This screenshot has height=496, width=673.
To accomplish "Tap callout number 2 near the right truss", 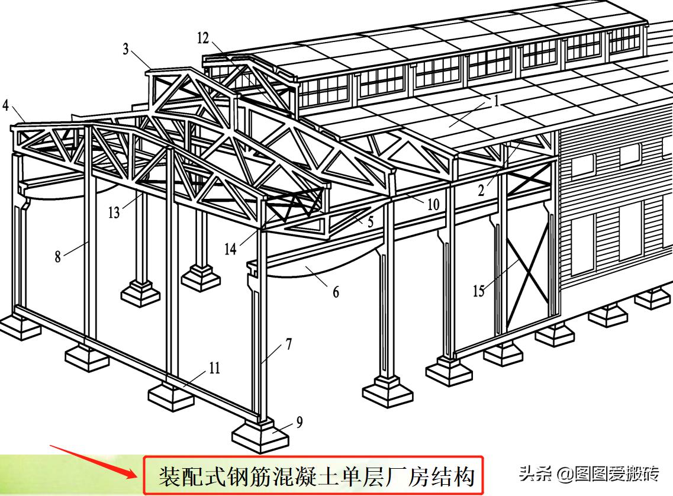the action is (482, 190).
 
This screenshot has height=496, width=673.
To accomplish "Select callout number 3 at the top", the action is (125, 49).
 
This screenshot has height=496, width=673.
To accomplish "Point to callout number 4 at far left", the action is (5, 105).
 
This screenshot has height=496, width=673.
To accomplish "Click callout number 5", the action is (370, 221).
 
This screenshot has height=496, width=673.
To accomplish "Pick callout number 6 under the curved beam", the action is (336, 292).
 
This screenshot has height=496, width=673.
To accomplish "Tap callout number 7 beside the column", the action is (289, 344).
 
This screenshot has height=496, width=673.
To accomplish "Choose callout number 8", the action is (58, 256).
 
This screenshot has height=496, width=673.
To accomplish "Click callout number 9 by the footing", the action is (299, 422).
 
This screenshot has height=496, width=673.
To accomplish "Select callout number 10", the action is (433, 204).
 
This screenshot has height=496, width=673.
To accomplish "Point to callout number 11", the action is (214, 368).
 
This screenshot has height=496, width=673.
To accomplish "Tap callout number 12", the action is (203, 38).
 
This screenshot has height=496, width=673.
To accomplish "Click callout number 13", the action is (114, 212).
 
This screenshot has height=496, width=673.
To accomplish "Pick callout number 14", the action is (230, 249).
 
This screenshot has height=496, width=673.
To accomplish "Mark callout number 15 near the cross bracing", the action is (479, 291).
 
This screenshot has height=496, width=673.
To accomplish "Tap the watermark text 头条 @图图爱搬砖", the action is (588, 474).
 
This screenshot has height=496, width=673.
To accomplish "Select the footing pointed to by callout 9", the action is (260, 434).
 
